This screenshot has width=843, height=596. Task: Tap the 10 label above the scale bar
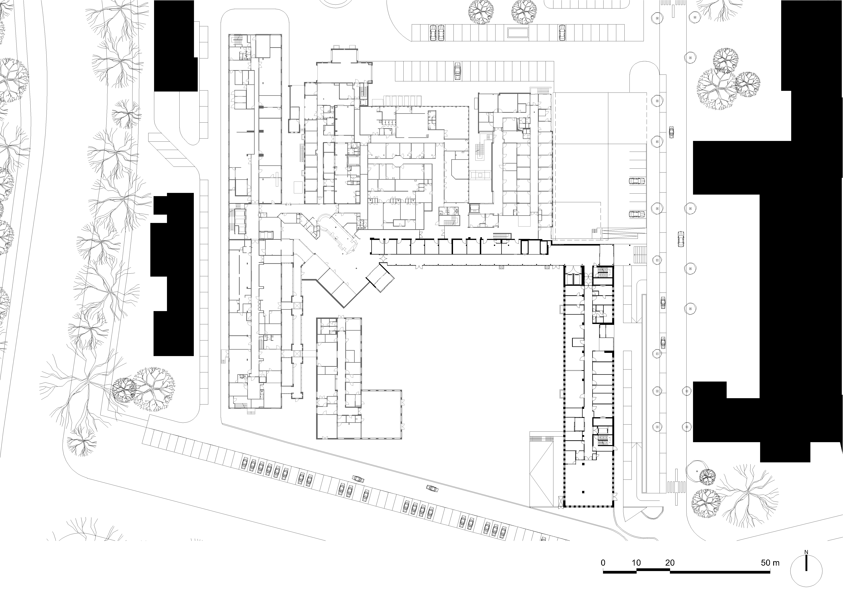tap(636, 563)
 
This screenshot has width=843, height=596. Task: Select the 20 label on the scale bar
tap(670, 563)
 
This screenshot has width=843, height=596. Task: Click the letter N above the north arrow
tap(806, 552)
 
